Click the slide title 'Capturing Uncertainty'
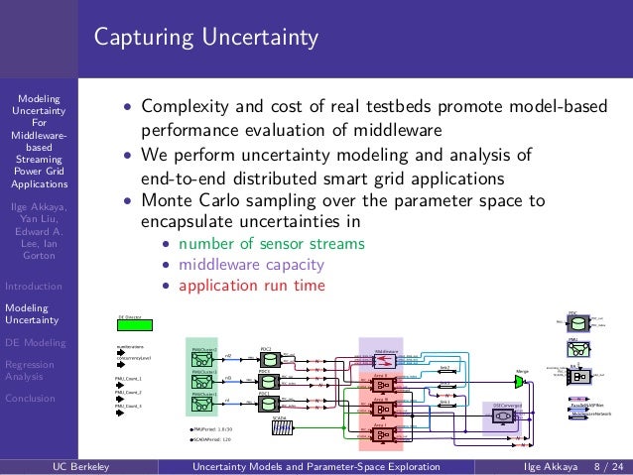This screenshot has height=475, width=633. [206, 39]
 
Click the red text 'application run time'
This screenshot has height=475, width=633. [251, 287]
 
